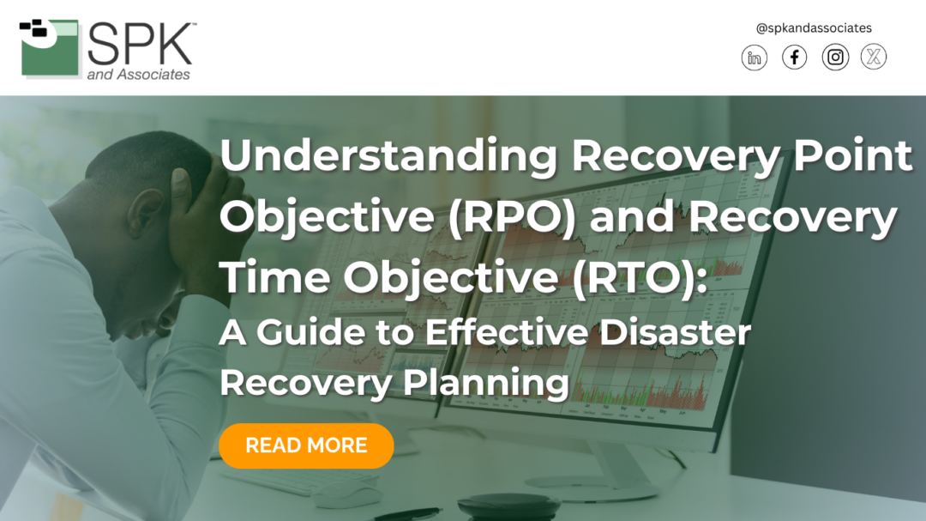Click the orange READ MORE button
pos(306,445)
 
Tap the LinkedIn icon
pos(755,58)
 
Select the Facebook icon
pos(795,58)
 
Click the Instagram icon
pos(835,58)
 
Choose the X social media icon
pos(874,58)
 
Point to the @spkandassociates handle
pos(814,28)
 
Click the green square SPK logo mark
pos(50,49)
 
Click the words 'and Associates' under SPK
pos(139,75)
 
